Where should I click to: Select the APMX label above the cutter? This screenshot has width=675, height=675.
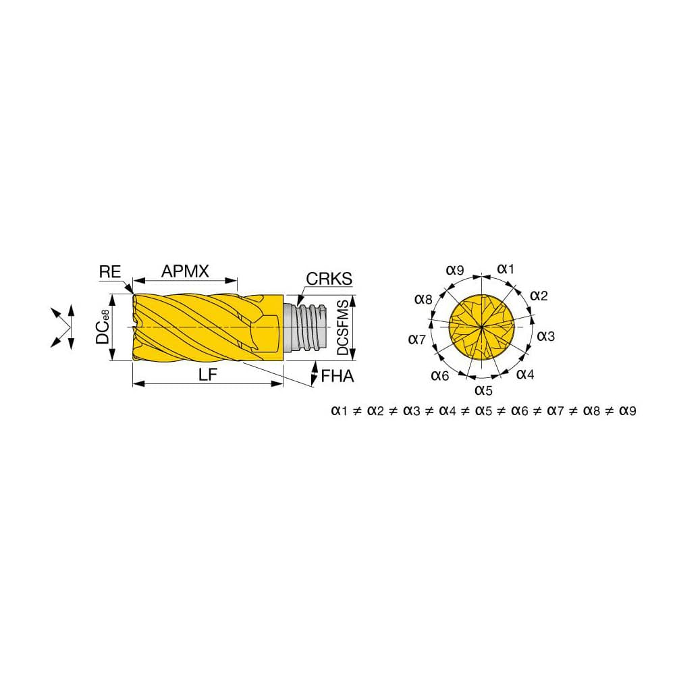click(x=185, y=271)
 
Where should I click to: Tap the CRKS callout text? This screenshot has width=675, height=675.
click(x=329, y=279)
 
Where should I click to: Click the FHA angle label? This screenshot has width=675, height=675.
click(x=337, y=375)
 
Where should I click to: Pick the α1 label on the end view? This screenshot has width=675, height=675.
click(x=506, y=269)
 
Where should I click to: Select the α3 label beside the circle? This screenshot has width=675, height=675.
click(x=545, y=335)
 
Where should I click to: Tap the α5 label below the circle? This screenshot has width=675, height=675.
click(x=483, y=389)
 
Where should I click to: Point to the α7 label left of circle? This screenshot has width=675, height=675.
click(x=417, y=339)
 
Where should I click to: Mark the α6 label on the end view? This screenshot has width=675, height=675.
click(x=439, y=376)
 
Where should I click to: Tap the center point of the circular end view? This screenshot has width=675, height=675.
click(x=483, y=327)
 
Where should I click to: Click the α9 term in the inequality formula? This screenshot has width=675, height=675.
click(x=626, y=410)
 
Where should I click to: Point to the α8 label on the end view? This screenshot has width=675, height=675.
click(x=423, y=298)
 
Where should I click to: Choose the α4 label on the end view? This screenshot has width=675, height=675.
click(x=525, y=374)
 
